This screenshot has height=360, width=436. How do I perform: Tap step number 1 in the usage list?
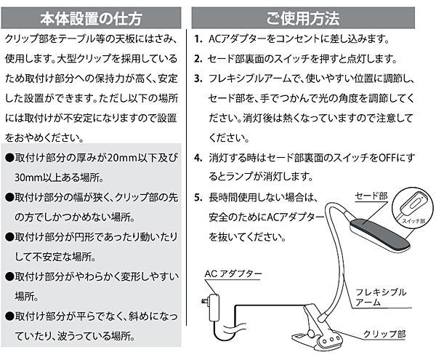tap(198, 39)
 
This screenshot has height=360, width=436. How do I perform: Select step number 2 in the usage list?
tap(198, 58)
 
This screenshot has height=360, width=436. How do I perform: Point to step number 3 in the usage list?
tap(198, 78)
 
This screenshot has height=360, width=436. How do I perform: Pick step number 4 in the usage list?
tap(198, 157)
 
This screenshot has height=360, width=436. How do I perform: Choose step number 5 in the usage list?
tap(198, 197)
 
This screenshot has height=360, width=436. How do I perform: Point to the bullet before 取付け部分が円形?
tap(9, 237)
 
